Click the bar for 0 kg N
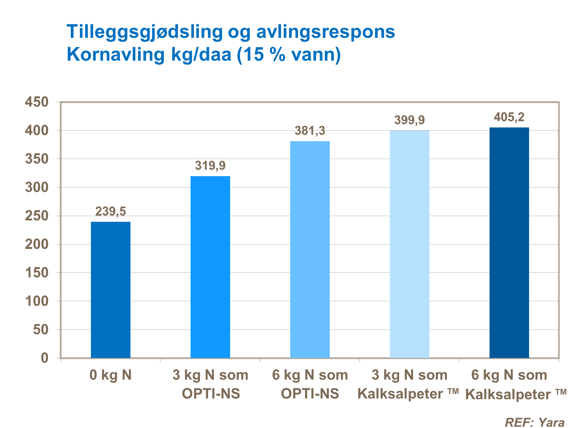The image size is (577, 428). pyautogui.click(x=111, y=290)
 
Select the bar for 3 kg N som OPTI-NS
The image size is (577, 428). pyautogui.click(x=210, y=267)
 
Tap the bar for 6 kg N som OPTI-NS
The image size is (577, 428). pyautogui.click(x=310, y=249)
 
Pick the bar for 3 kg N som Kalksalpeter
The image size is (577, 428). pyautogui.click(x=410, y=244)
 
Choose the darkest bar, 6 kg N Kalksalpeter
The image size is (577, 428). pyautogui.click(x=509, y=242)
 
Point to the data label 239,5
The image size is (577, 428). pyautogui.click(x=111, y=211)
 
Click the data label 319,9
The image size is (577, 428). pyautogui.click(x=210, y=165)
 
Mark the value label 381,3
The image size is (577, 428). pyautogui.click(x=310, y=131)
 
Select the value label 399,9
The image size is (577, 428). pyautogui.click(x=410, y=120)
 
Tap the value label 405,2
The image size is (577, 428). pyautogui.click(x=509, y=117)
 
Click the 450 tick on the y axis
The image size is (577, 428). pyautogui.click(x=37, y=102)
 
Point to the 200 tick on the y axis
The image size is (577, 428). pyautogui.click(x=37, y=244)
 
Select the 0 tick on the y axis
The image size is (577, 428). pyautogui.click(x=45, y=358)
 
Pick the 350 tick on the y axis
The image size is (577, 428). pyautogui.click(x=37, y=159)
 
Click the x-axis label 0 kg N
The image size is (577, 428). pyautogui.click(x=111, y=375)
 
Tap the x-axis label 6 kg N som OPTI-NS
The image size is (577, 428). pyautogui.click(x=310, y=384)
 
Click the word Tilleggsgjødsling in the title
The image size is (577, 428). pyautogui.click(x=145, y=32)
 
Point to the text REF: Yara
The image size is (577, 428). pyautogui.click(x=534, y=422)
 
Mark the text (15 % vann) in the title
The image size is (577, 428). pyautogui.click(x=289, y=55)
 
